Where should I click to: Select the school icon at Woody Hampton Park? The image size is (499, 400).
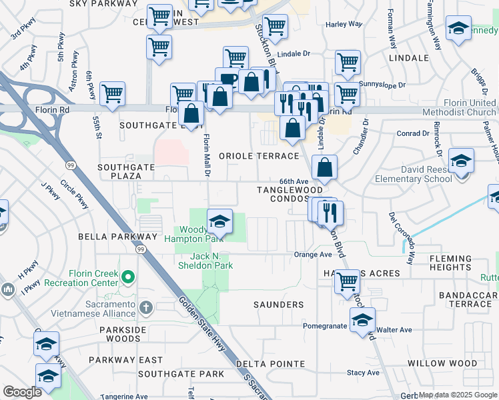[219, 221]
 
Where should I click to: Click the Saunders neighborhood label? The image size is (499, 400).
[278, 305]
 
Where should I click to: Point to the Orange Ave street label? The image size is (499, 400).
[313, 255]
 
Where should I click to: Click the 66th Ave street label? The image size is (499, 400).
[294, 181]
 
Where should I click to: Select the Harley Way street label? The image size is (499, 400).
[344, 24]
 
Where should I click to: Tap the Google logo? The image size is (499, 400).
[22, 391]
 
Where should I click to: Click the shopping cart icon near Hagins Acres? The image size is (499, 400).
[346, 283]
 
